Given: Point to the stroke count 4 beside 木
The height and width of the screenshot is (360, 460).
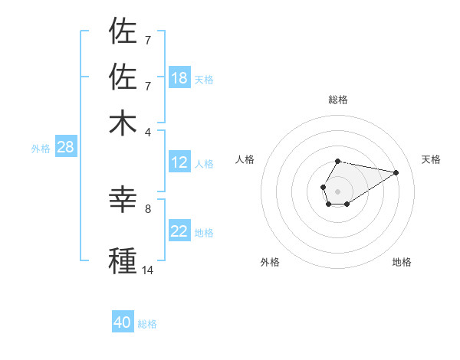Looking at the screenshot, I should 147,133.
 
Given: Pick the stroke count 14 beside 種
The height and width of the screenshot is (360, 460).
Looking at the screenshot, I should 147,270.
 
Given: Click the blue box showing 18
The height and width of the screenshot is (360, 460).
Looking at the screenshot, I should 179,78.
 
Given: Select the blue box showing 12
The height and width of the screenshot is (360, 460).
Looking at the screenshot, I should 179,162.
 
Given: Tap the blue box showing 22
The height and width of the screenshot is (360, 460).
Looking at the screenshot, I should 179,231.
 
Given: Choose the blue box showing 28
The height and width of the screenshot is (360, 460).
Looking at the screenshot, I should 65,148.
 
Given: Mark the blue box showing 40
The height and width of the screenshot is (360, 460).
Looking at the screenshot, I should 123,322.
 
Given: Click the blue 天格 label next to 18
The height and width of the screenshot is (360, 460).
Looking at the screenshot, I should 203,80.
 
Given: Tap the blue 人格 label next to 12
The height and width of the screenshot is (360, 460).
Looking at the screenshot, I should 203,164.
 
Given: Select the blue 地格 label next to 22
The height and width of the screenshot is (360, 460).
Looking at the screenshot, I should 203,233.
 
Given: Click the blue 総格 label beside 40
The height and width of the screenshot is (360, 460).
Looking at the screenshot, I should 147,324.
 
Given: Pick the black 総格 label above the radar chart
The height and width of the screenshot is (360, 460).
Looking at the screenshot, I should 337,100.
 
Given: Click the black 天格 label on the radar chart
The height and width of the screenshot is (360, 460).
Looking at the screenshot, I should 431,159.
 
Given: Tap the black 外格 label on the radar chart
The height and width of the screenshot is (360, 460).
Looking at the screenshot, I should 270,262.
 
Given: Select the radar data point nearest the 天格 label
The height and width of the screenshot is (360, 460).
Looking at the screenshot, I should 396,172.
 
